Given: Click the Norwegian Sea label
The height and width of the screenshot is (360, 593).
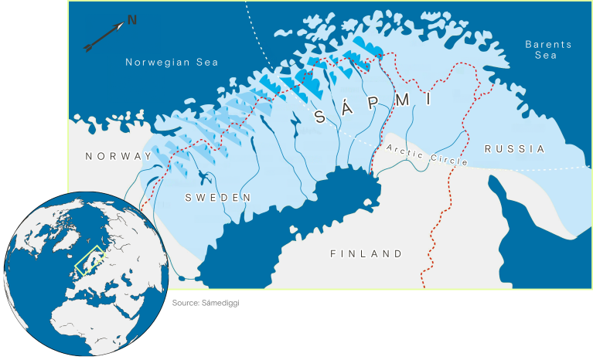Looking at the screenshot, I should click(172, 63).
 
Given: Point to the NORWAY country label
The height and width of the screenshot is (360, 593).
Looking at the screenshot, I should click(119, 156).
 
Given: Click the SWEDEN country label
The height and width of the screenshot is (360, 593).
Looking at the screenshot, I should click(218, 198).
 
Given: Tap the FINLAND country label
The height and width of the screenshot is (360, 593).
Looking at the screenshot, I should click(366, 253).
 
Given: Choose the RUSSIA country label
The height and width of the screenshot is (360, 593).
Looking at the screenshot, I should click(515, 148).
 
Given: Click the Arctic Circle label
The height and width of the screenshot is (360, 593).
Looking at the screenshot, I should click(417, 154).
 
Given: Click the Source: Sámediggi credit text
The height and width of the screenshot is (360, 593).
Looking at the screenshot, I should click(206, 303).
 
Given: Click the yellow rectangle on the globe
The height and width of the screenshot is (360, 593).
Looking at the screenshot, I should click(90, 263).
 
